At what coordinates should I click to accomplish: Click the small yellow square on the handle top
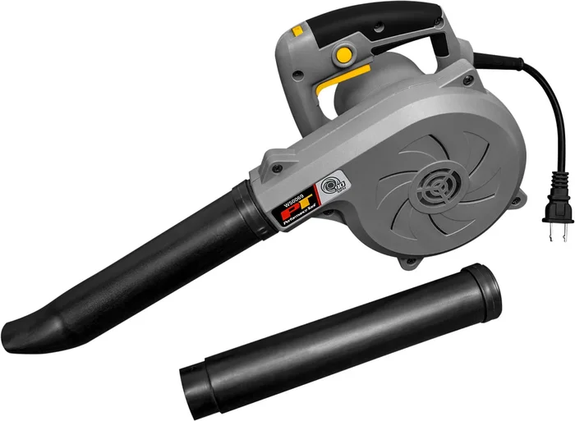click(x=297, y=31)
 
